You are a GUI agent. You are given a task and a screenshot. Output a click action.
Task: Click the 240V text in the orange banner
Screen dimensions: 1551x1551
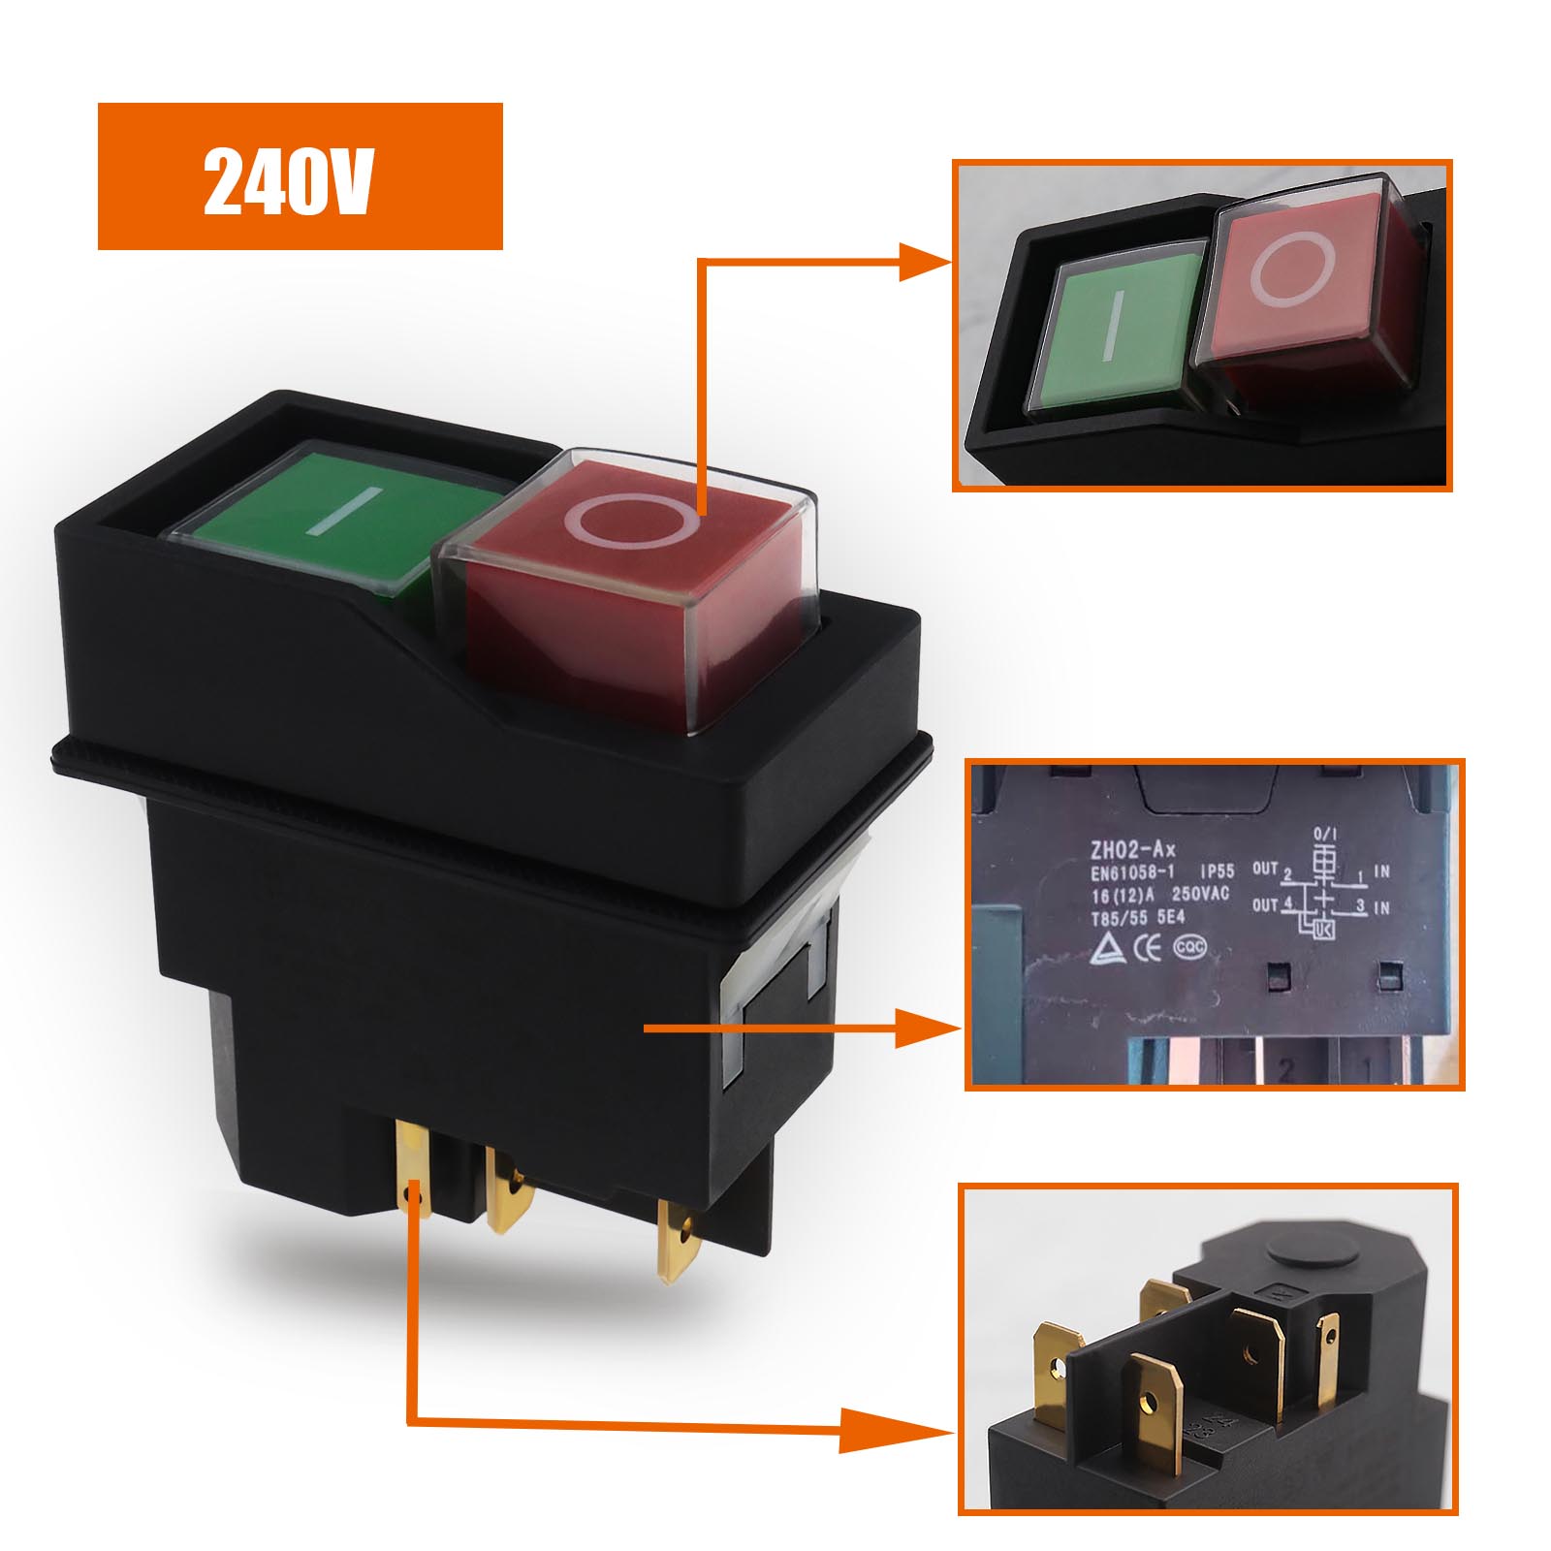pos(288,180)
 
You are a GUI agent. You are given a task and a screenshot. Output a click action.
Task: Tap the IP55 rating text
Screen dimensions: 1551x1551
pos(1218,872)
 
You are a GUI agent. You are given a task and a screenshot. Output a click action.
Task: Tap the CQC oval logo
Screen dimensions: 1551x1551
pos(1190,947)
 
